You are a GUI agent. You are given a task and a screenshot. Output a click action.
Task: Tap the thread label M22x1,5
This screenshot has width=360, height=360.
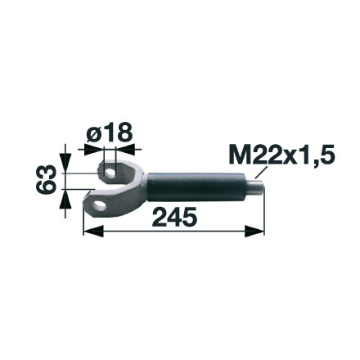(x=283, y=155)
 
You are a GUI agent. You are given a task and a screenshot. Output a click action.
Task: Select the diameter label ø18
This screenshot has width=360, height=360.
(x=109, y=133)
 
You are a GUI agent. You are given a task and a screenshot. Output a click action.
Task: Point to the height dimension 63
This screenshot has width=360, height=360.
(x=48, y=178)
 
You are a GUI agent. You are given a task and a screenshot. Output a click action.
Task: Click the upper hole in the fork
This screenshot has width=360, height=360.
(x=109, y=172)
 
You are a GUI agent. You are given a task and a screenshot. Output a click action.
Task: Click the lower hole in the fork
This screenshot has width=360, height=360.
(x=100, y=202)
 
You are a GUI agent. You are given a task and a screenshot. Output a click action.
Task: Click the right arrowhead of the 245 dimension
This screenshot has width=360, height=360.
(x=260, y=232)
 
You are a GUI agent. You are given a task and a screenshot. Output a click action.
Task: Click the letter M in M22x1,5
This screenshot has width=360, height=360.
(x=239, y=155)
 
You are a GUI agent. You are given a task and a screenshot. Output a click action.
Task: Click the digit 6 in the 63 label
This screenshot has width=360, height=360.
(x=48, y=187)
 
